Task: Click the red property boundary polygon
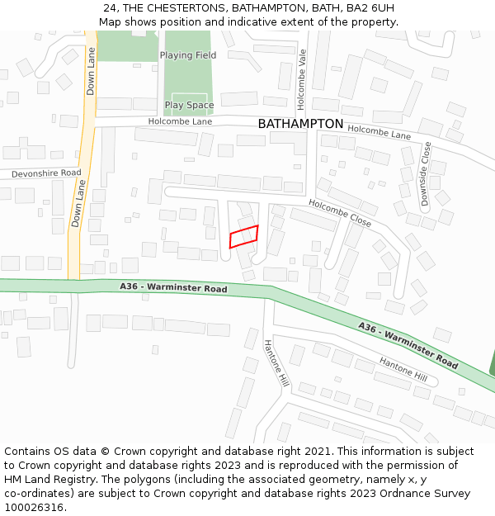click(243, 236)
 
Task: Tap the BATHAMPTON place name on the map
click(300, 124)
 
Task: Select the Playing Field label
click(188, 55)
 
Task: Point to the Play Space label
click(189, 106)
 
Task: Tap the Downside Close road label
click(426, 173)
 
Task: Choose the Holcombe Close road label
click(340, 213)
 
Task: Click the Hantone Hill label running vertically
click(276, 364)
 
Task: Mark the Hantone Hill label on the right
click(403, 369)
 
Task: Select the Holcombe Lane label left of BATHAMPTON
click(180, 121)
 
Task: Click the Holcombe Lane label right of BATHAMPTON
click(379, 131)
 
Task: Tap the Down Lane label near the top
click(91, 69)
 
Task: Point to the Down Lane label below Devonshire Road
click(78, 204)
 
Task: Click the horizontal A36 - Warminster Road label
click(172, 288)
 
